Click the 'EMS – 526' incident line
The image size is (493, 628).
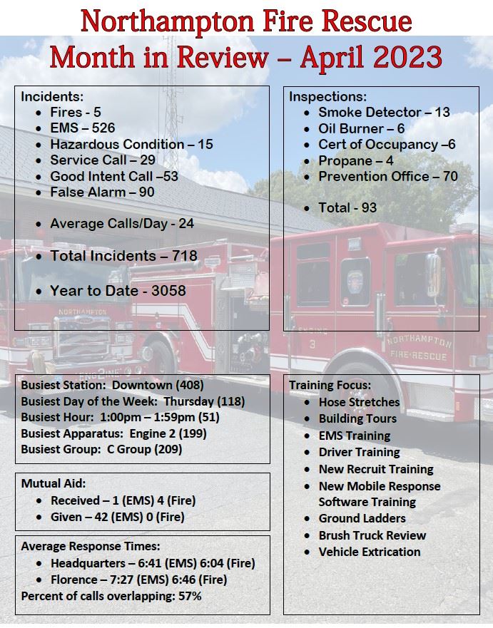82,128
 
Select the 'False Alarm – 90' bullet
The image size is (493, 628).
101,192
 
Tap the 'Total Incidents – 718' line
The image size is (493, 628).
123,255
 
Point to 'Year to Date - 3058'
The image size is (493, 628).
118,290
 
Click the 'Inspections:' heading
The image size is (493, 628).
327,96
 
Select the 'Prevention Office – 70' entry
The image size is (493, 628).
387,176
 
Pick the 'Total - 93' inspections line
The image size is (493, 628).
347,207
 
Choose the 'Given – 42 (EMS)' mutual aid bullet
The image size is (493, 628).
117,517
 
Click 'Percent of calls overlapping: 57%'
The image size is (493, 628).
111,596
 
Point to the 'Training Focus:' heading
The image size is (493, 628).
330,385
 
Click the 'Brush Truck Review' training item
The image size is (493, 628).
372,535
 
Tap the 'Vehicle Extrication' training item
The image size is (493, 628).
369,552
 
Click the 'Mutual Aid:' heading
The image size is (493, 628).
54,483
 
